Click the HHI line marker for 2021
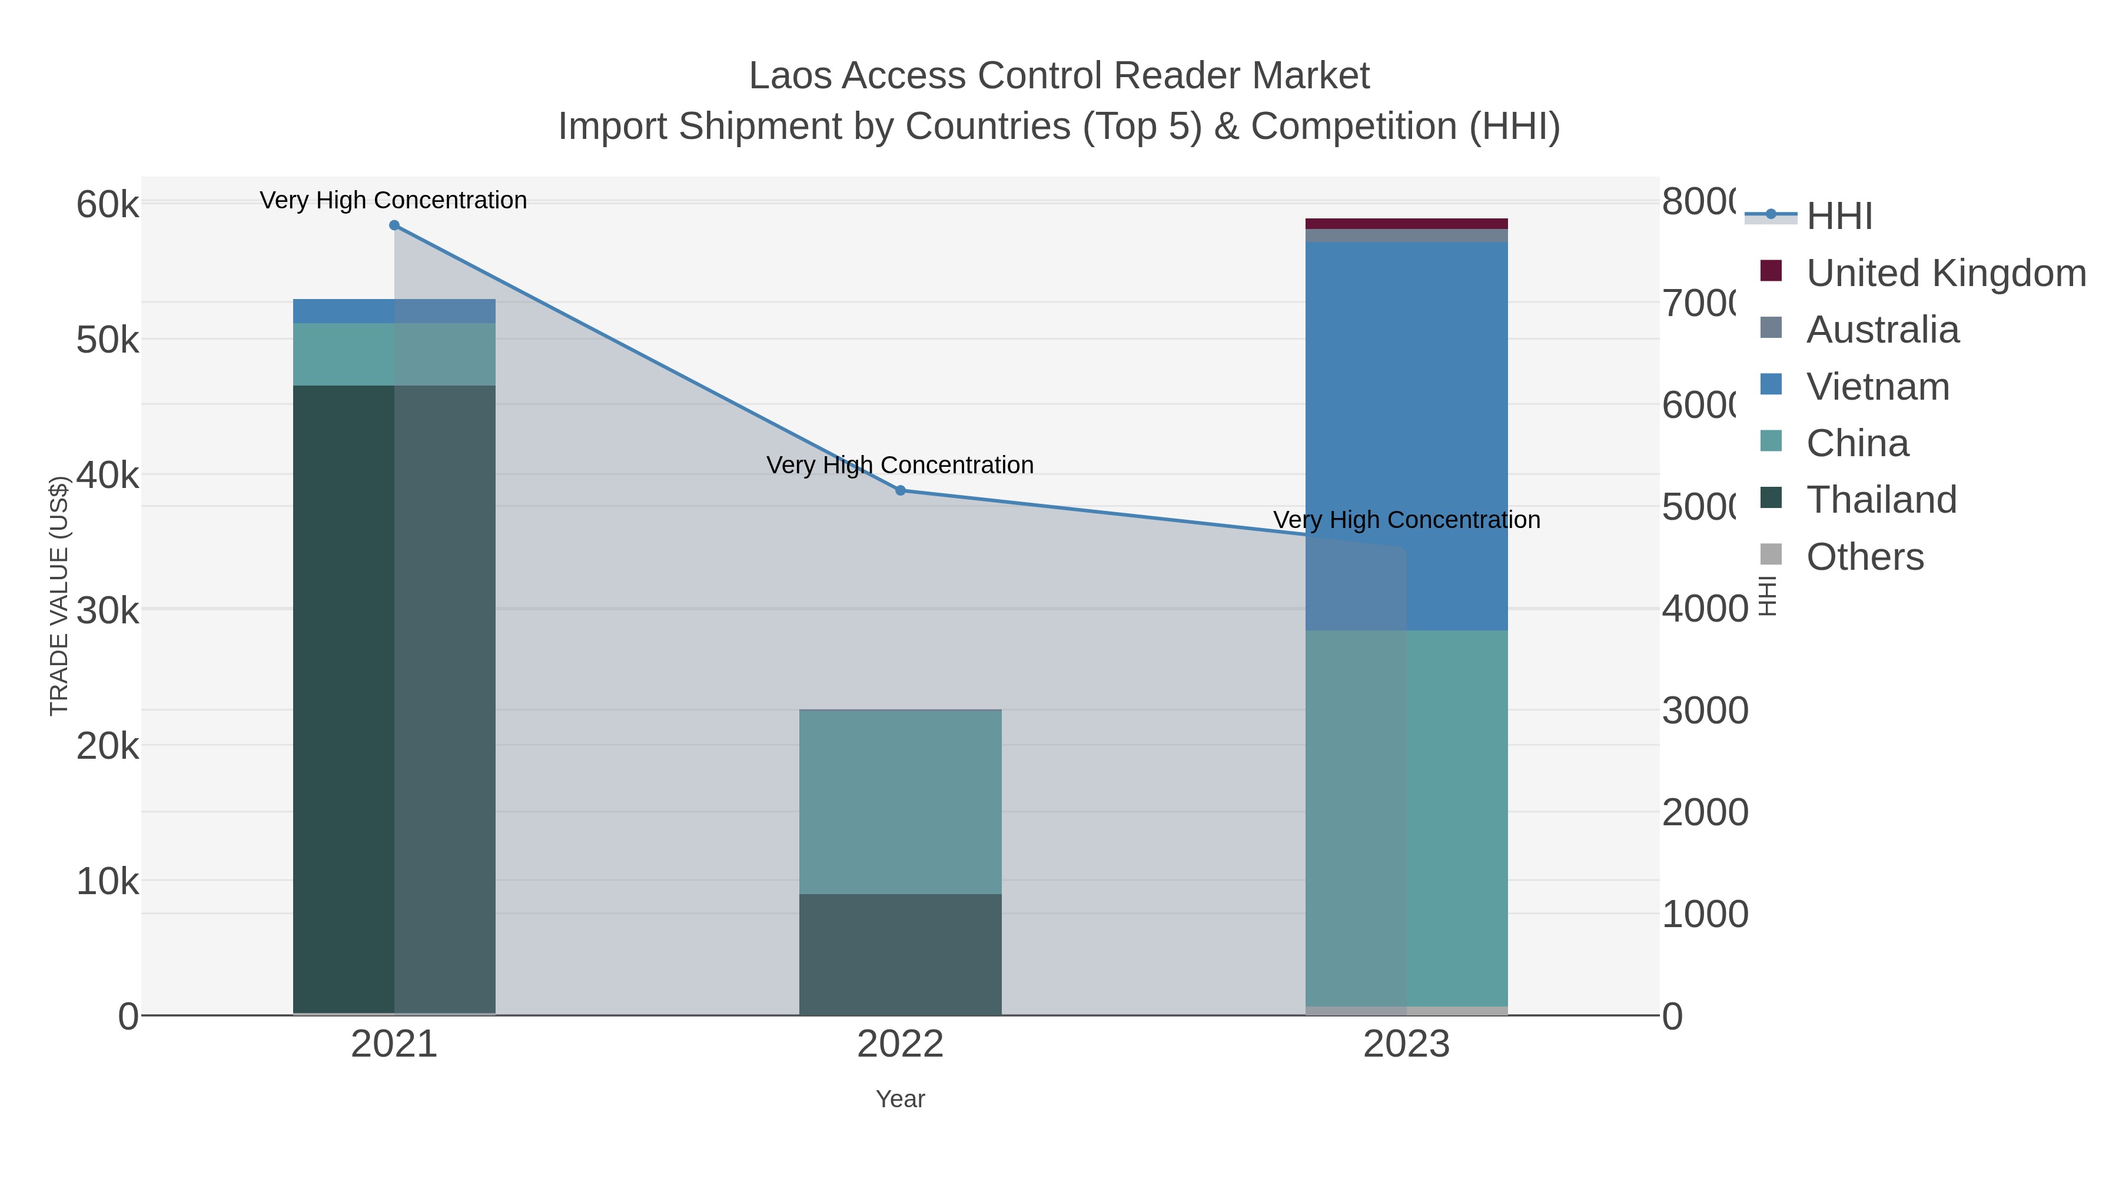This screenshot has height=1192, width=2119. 394,225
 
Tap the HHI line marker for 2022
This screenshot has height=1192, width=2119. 900,490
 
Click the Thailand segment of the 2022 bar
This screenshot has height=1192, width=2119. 900,954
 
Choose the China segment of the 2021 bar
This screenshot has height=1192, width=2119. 394,354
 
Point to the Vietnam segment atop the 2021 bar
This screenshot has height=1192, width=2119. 394,311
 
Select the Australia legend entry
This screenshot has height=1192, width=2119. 1882,330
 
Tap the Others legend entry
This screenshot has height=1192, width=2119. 1864,557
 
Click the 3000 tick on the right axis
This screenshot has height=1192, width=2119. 1705,710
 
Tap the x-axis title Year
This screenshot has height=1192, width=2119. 900,1099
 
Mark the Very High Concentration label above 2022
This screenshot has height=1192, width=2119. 900,466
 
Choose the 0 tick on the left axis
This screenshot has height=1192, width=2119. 128,1017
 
